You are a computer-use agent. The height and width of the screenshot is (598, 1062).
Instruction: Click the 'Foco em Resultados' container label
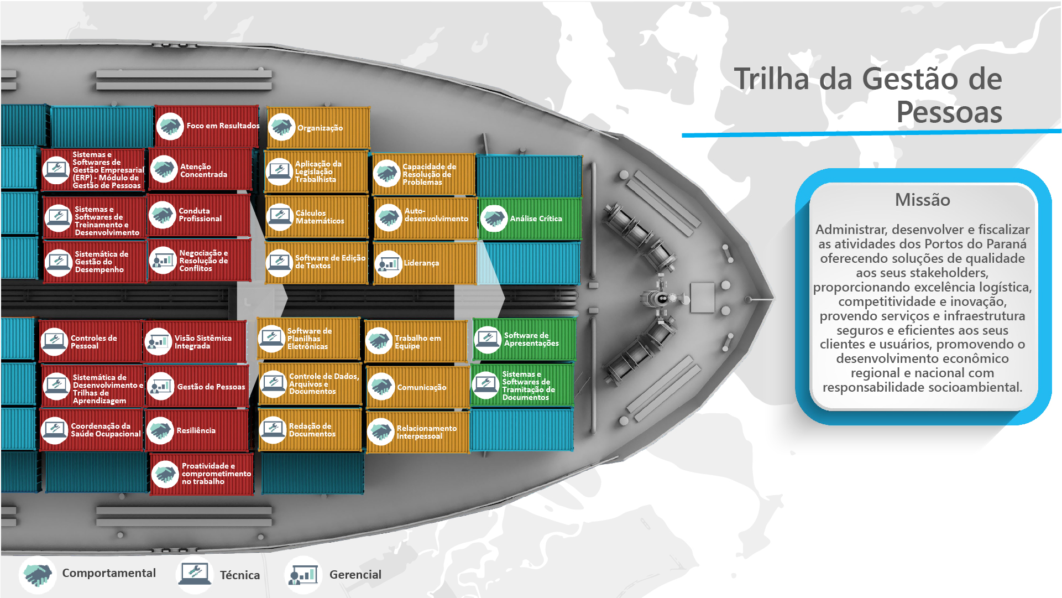(x=223, y=126)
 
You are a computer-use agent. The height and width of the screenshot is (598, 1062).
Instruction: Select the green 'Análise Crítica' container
(x=530, y=219)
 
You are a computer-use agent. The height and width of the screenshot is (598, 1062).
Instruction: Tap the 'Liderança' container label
(x=421, y=263)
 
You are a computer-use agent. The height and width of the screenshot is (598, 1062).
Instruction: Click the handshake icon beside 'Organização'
(x=281, y=127)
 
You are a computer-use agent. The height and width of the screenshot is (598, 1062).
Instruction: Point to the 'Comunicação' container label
(x=421, y=387)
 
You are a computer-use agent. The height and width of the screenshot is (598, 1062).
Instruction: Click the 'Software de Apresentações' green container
(x=524, y=339)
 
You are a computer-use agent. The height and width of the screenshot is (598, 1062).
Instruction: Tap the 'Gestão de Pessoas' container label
(x=211, y=387)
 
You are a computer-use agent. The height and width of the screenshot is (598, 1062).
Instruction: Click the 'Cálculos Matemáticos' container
(x=317, y=216)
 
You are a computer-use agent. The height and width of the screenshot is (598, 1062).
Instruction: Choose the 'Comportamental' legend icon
(x=38, y=575)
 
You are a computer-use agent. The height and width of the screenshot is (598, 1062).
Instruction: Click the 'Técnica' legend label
(x=240, y=575)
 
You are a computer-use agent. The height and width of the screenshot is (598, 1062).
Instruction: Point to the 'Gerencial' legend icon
(x=303, y=575)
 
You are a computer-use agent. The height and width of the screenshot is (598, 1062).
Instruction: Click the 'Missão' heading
(x=923, y=200)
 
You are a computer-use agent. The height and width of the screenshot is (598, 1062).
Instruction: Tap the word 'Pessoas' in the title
(x=949, y=112)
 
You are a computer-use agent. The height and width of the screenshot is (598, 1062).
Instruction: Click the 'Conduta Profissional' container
(x=200, y=215)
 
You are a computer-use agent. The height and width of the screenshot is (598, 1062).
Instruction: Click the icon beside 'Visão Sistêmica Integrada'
(x=159, y=342)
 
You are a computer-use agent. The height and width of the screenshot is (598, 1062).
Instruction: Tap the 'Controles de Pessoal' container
(x=91, y=342)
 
